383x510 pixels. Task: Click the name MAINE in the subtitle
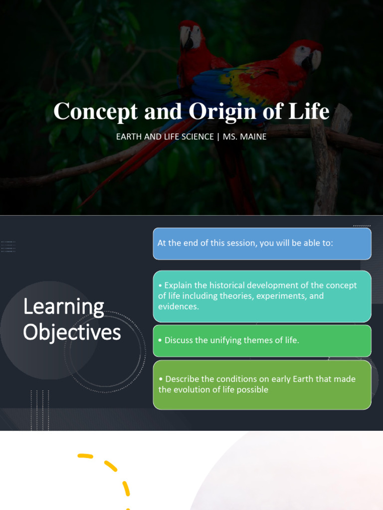255,136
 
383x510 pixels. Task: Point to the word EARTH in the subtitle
129,136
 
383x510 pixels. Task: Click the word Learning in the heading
63,307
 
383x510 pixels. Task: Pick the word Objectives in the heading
72,332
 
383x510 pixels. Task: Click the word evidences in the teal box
179,306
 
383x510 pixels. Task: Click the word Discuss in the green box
179,340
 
